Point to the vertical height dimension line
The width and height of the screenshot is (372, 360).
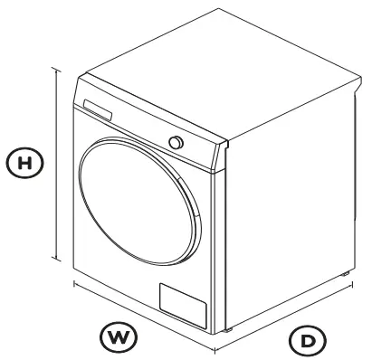tap(60, 163)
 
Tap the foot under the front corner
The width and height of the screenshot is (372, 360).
tap(225, 329)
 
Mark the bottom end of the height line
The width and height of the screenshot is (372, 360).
tap(60, 260)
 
